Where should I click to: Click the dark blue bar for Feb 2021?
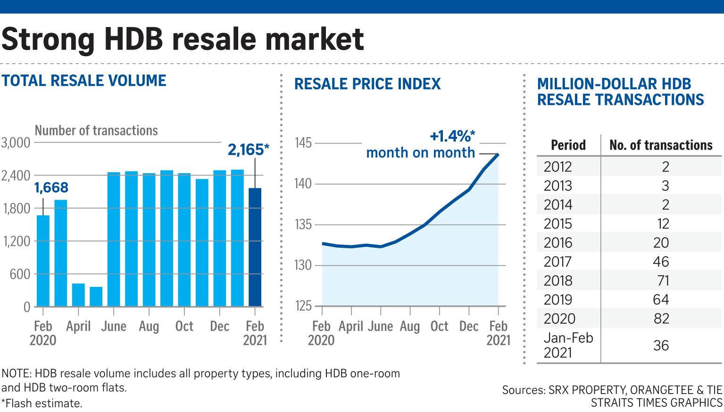pos(255,247)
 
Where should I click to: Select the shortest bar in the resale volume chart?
pos(96,296)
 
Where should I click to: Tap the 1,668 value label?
pos(51,187)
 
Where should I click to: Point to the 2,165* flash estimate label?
pos(248,150)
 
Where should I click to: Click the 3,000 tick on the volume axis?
pos(16,143)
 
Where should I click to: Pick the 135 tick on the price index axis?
pos(303,225)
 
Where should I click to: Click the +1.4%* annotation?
pos(452,136)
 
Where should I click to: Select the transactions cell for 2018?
pos(663,280)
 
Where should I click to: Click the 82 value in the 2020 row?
pos(661,319)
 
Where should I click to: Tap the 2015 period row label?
pos(558,224)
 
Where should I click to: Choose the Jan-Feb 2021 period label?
pos(568,345)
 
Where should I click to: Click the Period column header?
pos(568,145)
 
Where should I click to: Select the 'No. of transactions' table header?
pos(661,145)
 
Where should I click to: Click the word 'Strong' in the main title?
pos(48,40)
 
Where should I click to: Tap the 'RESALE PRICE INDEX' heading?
pos(367,84)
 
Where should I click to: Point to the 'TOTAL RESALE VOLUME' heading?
pos(84,81)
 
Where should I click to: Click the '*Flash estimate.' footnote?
pos(42,403)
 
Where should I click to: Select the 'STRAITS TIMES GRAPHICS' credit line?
pos(657,403)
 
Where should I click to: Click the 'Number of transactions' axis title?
pos(96,131)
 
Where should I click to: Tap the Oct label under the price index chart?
pos(439,326)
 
